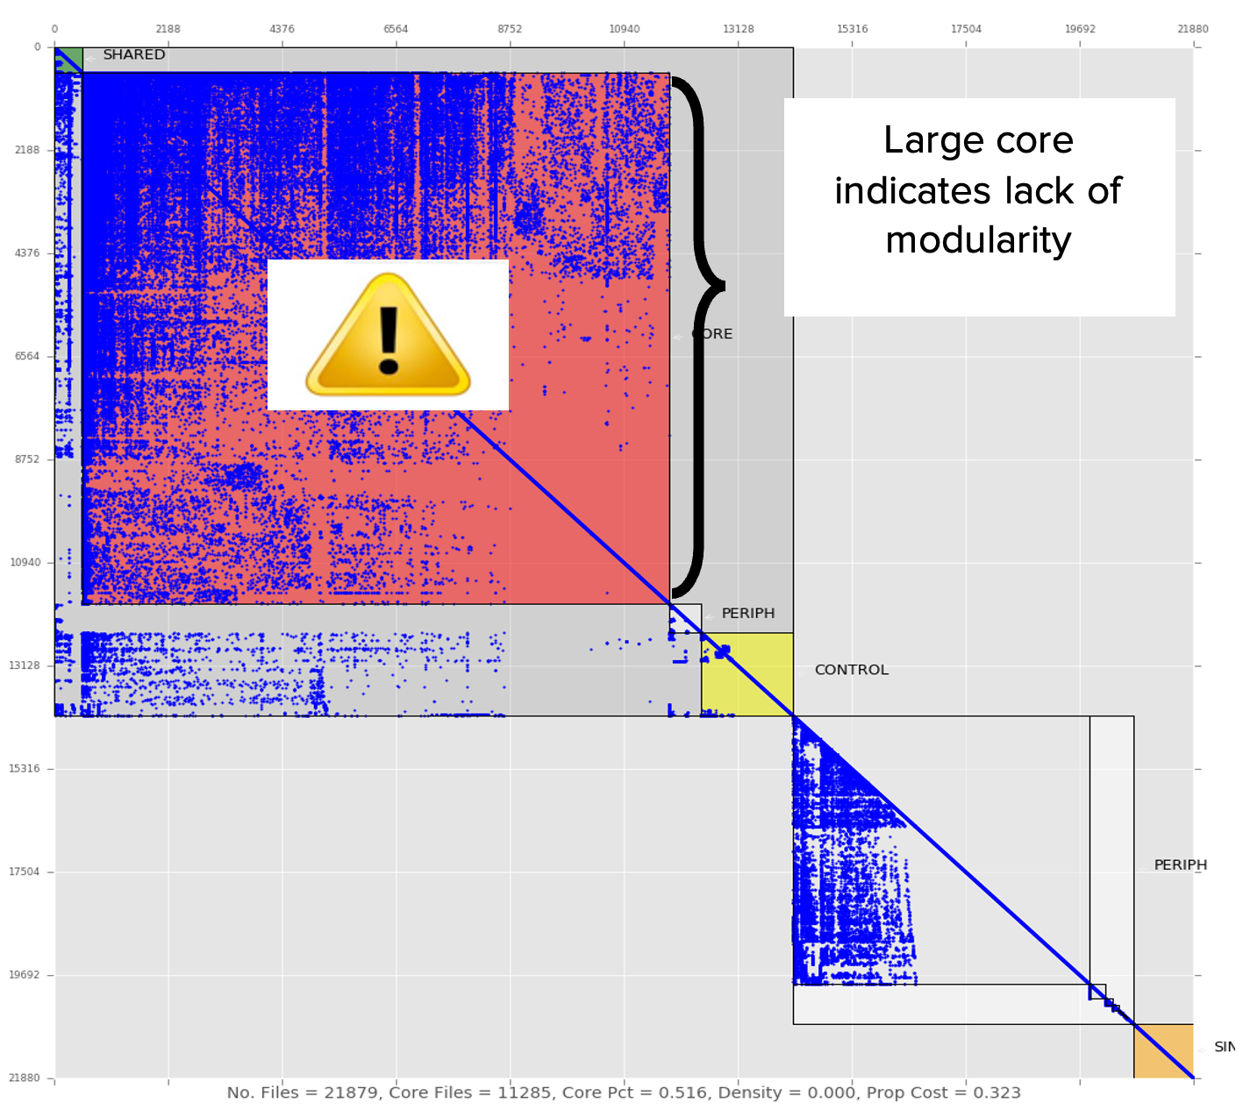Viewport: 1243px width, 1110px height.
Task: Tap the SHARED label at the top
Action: coord(133,54)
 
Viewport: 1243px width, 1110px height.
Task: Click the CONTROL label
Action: coord(851,670)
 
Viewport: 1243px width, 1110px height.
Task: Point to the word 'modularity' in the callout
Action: coord(978,240)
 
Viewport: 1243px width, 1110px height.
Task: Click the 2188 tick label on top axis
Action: coord(168,29)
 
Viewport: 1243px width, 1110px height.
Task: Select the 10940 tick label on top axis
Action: coord(624,29)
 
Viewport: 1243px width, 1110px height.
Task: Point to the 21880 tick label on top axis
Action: coord(1192,29)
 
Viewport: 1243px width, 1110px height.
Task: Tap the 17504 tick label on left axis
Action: coord(25,872)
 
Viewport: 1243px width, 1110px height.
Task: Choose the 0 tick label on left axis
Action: coord(37,47)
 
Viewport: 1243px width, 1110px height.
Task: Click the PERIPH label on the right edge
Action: coord(1180,865)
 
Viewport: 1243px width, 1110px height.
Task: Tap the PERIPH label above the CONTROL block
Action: coord(747,614)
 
